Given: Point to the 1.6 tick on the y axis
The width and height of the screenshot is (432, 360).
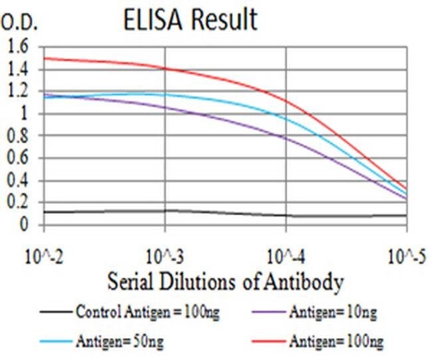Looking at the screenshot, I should pyautogui.click(x=19, y=46).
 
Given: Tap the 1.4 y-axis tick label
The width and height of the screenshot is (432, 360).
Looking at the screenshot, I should pyautogui.click(x=19, y=68).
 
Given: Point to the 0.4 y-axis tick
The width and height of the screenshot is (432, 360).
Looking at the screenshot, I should pyautogui.click(x=19, y=181).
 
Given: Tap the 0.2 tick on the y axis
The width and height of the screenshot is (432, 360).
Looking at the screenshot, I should pyautogui.click(x=19, y=203).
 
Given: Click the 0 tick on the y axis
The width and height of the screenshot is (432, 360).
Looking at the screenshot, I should pyautogui.click(x=24, y=225).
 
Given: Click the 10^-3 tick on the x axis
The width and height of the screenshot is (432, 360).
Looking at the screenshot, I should pyautogui.click(x=164, y=256).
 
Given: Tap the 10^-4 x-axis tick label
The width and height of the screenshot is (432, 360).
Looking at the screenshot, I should pyautogui.click(x=285, y=256).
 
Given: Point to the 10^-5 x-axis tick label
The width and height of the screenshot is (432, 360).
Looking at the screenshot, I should pyautogui.click(x=405, y=256).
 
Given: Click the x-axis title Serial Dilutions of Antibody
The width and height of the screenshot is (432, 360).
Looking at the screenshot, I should pyautogui.click(x=226, y=282).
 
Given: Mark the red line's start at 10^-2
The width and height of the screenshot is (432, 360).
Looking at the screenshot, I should pyautogui.click(x=44, y=58).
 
